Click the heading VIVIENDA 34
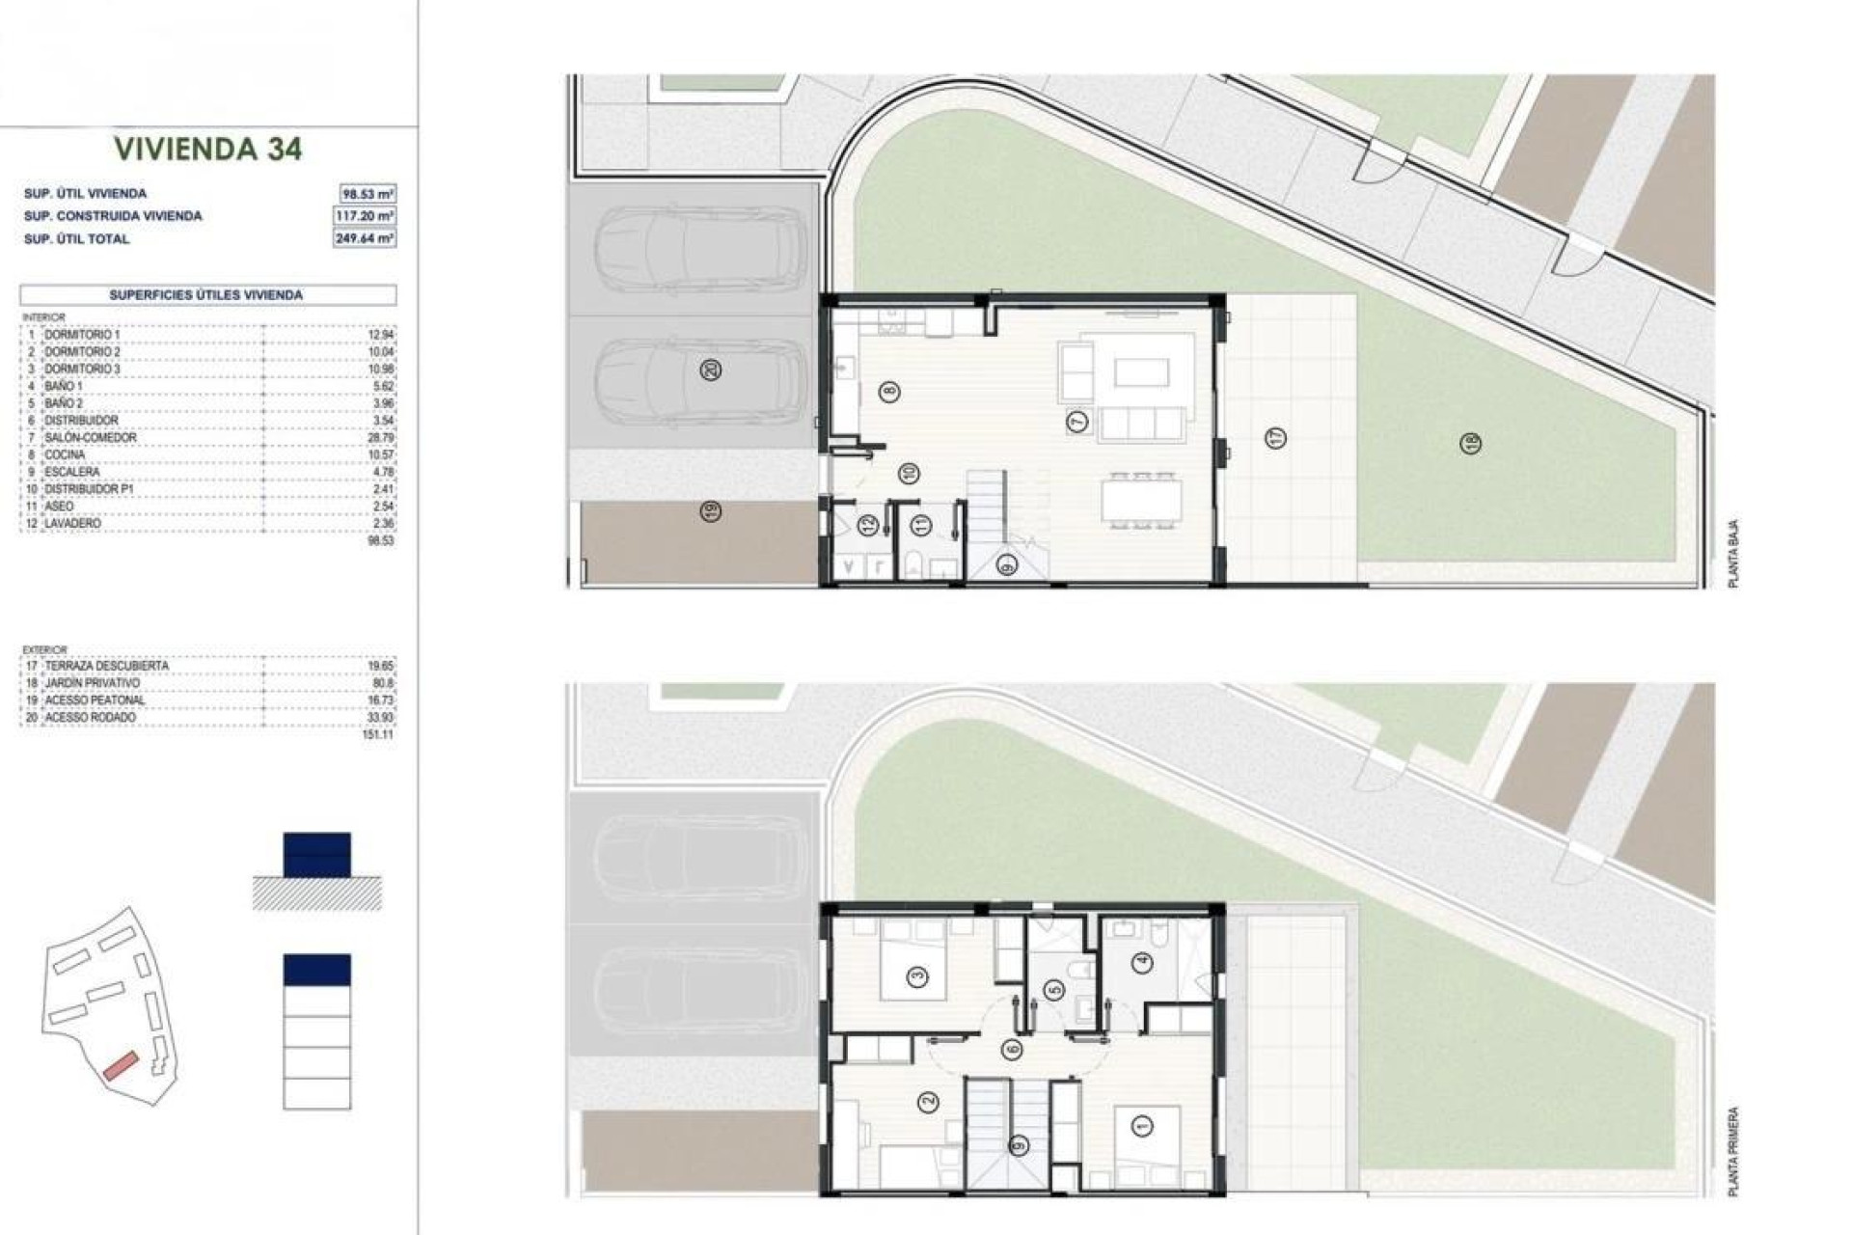[208, 149]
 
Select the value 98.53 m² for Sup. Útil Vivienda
[368, 194]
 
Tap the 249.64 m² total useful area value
[366, 238]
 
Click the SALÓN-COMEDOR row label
[91, 438]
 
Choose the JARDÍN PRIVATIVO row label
[93, 683]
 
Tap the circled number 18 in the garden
[1471, 444]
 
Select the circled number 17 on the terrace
[1275, 439]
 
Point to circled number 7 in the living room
[1077, 422]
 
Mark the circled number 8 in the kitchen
[888, 392]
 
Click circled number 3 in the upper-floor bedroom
[917, 977]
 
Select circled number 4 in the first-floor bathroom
[1143, 962]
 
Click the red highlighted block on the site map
[122, 1065]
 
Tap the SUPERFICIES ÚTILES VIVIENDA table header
[206, 295]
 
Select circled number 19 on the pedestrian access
[711, 511]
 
